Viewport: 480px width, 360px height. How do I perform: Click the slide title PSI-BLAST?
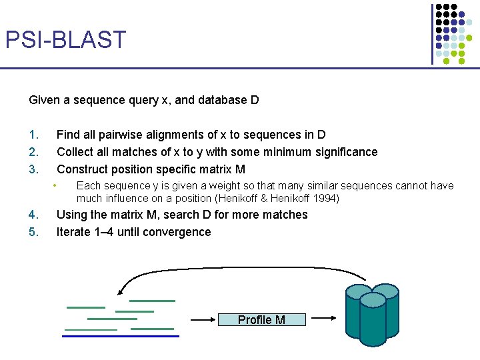tap(65, 40)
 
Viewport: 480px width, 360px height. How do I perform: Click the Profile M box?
tap(261, 320)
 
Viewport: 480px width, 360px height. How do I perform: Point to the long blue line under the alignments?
tap(121, 336)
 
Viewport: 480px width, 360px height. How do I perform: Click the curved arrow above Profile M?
tap(240, 269)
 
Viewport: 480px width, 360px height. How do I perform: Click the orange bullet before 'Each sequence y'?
tap(57, 185)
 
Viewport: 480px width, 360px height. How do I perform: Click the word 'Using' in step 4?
tap(71, 215)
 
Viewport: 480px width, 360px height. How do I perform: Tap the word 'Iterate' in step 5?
tap(75, 232)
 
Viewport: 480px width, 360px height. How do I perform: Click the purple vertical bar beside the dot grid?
tap(432, 33)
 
